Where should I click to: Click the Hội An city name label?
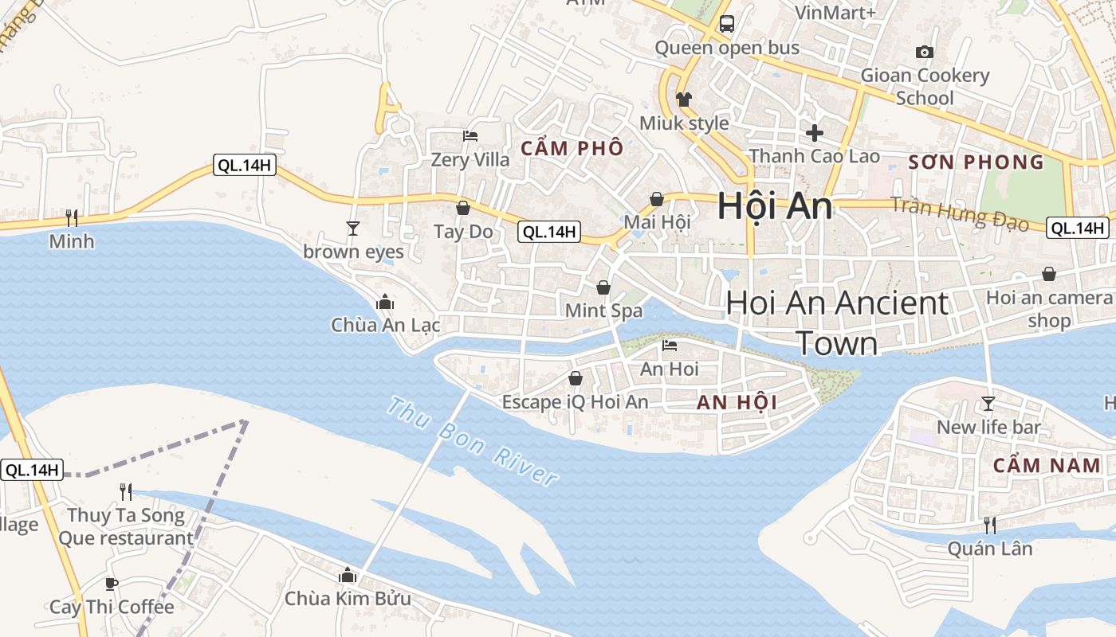[x=775, y=206]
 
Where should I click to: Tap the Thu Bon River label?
[x=472, y=442]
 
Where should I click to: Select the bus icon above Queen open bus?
[x=726, y=24]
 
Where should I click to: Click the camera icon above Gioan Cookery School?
[x=925, y=53]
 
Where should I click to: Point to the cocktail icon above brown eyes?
[x=353, y=229]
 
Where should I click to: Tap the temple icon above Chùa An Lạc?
[x=385, y=302]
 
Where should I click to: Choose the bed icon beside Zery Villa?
[x=470, y=136]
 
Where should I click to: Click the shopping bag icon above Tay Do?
[x=463, y=208]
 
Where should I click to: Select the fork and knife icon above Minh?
[x=72, y=217]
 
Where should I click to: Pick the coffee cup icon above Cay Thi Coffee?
[x=112, y=584]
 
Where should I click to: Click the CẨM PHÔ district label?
[x=572, y=148]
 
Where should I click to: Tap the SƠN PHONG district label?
[x=976, y=162]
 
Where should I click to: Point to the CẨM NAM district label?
[x=1047, y=466]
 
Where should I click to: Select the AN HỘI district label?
[x=737, y=403]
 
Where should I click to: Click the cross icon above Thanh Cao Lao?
[x=814, y=132]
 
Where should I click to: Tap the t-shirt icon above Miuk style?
[x=684, y=100]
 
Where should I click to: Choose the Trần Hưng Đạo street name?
[x=959, y=213]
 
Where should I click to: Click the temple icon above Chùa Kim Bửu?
[x=348, y=575]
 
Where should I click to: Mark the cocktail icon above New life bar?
[x=988, y=404]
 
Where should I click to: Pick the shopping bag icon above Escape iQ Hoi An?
[x=575, y=378]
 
